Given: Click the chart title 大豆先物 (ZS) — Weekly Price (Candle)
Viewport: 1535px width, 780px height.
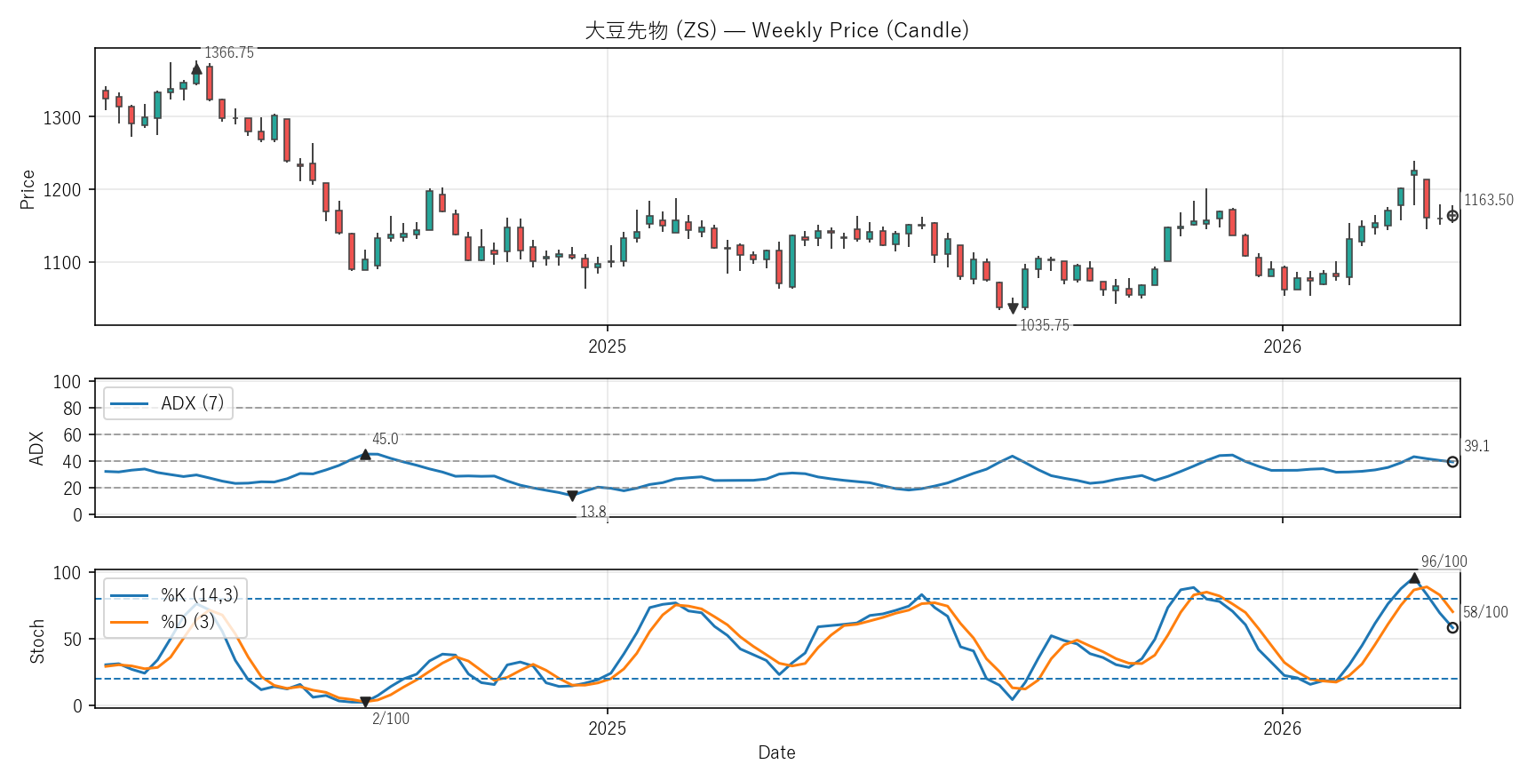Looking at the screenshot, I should [x=776, y=30].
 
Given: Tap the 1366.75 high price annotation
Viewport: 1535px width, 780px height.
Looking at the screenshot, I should [x=229, y=53].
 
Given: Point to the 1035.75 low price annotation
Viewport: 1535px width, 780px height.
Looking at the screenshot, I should [x=1044, y=326].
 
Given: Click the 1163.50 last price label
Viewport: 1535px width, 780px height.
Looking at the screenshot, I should [x=1488, y=201].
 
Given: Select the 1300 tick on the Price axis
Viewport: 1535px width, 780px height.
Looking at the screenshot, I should [x=62, y=117].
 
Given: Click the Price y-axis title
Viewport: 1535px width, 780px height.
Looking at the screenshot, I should [x=28, y=189].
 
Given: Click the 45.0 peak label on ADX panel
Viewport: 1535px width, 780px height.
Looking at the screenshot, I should [x=385, y=440].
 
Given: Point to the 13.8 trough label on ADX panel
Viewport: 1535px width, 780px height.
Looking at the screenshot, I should [x=593, y=513].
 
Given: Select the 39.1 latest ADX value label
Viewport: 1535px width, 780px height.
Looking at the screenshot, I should [x=1476, y=447].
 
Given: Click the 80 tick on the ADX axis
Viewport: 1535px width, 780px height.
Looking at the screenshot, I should [x=72, y=409].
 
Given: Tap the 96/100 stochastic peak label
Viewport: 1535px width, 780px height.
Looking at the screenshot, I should [x=1444, y=561].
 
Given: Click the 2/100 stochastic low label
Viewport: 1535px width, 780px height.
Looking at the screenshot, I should [x=391, y=720].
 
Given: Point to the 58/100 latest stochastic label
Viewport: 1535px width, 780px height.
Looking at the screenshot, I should [x=1485, y=613].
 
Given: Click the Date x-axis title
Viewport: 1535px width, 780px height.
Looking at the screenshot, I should [x=776, y=753].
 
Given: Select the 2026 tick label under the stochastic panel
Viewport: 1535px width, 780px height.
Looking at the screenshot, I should [x=1282, y=729].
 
